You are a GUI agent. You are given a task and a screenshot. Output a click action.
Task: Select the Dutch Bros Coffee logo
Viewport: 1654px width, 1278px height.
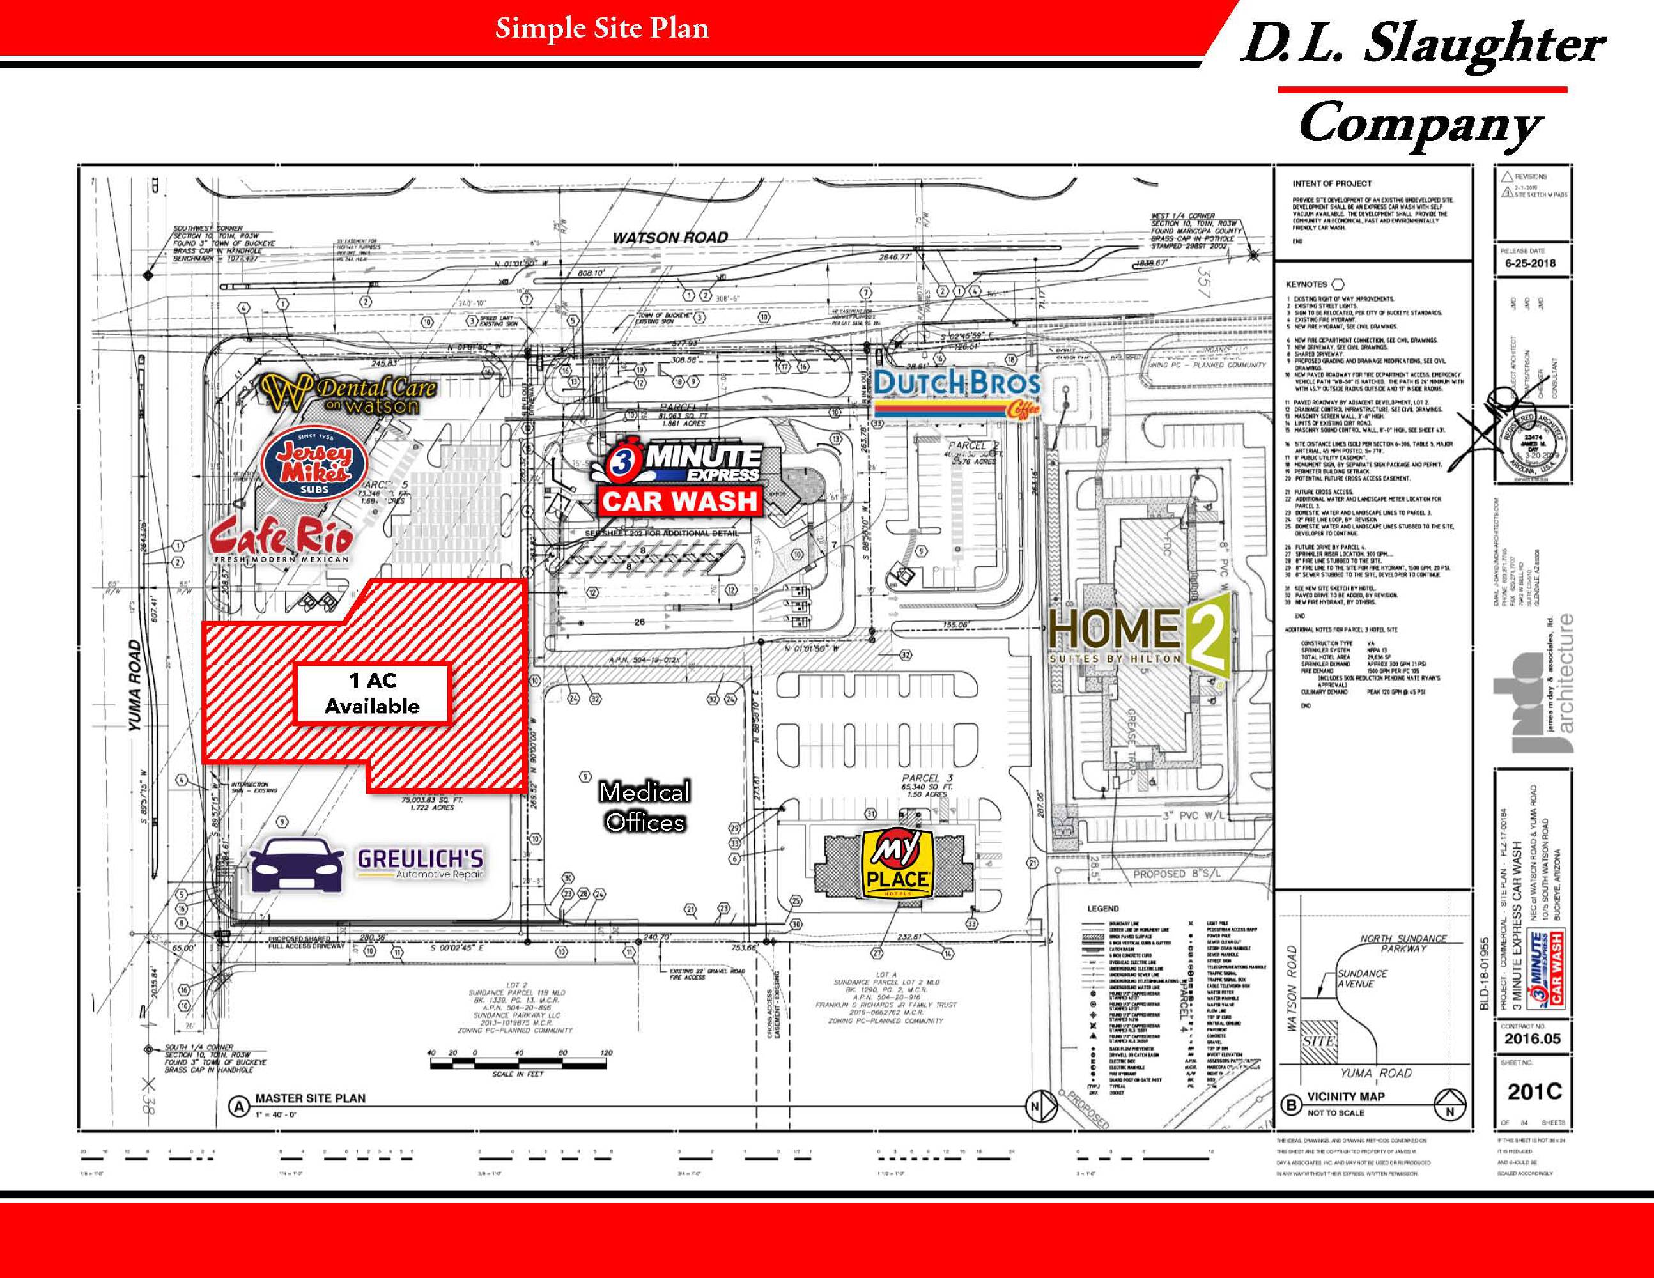coord(957,393)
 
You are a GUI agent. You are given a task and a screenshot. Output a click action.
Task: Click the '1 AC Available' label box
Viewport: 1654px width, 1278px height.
coord(372,693)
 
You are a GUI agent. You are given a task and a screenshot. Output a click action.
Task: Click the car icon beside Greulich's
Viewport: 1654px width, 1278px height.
coord(296,865)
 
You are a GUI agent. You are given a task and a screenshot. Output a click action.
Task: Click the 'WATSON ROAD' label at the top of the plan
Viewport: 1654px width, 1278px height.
coord(670,238)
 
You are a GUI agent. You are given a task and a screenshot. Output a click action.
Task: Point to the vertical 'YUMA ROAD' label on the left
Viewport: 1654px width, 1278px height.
coord(135,686)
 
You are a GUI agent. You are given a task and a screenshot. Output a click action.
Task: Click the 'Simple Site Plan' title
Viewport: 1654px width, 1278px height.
coord(602,29)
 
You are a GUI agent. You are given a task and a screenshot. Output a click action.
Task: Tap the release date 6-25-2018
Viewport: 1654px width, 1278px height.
coord(1526,263)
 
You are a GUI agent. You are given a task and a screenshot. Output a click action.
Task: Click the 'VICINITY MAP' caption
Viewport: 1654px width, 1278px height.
coord(1346,1097)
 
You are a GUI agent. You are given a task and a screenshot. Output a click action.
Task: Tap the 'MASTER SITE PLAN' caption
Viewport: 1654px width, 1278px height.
coord(310,1098)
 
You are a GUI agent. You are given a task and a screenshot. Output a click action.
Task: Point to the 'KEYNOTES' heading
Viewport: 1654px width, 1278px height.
coord(1306,284)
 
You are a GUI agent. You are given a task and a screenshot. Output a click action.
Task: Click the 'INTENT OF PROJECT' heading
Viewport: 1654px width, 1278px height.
coord(1332,183)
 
